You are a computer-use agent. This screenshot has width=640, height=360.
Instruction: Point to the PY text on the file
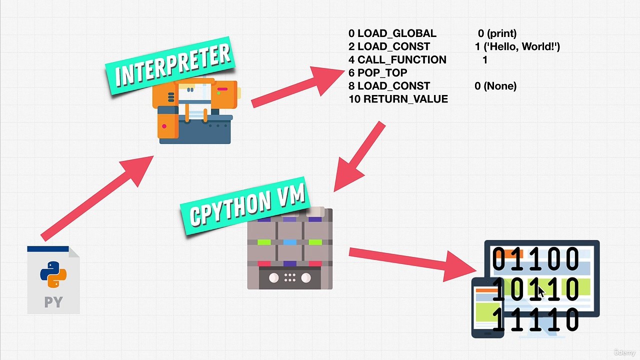(x=53, y=302)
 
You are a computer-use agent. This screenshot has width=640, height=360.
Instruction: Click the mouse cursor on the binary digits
(x=541, y=291)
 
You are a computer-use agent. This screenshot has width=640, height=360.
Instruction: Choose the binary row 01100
(x=535, y=259)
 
